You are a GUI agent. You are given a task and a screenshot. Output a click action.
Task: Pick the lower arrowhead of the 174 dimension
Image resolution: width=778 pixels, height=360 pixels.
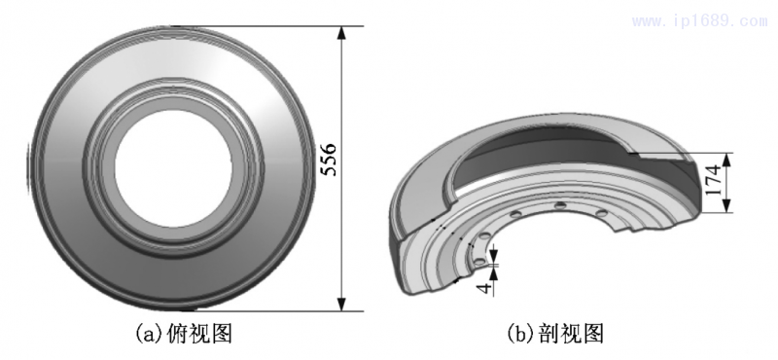point(732,207)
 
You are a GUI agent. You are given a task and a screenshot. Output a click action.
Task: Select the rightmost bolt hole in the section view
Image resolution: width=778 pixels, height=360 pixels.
point(601,212)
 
